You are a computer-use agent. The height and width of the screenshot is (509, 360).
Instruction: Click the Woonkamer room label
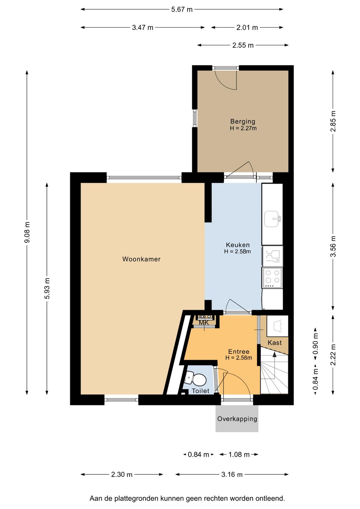(x=141, y=259)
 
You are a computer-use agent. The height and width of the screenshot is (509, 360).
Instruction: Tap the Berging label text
(x=243, y=121)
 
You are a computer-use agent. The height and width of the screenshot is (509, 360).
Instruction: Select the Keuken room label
(x=238, y=245)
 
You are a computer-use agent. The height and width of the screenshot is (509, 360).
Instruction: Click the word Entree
(x=239, y=352)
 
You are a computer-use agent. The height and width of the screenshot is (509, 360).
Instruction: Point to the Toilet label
(x=201, y=391)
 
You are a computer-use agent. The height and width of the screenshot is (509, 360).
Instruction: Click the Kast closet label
(x=275, y=343)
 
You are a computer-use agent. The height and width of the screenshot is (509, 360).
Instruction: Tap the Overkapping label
(x=237, y=419)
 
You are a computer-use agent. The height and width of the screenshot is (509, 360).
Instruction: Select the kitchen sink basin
(x=272, y=219)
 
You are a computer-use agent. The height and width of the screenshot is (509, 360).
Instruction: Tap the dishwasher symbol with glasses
(x=273, y=256)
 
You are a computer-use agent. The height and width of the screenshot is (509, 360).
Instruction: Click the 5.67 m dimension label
(x=182, y=10)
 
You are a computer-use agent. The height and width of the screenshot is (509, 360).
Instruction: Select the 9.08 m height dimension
(x=27, y=232)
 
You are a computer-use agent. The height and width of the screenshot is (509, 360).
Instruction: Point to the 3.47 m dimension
(x=143, y=28)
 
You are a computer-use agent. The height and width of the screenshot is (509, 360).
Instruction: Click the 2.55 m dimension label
(x=243, y=45)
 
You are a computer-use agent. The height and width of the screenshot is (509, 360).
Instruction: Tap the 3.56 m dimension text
(x=333, y=246)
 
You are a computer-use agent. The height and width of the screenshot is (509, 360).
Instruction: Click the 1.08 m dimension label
(x=239, y=454)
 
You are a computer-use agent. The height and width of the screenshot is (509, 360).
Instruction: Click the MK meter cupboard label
(x=204, y=323)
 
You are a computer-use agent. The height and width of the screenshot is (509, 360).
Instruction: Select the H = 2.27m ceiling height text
(x=243, y=128)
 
